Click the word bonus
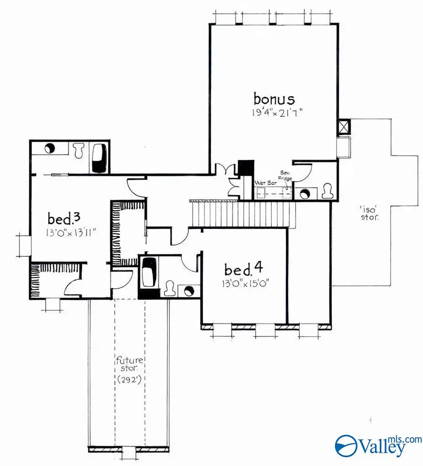pyautogui.click(x=274, y=99)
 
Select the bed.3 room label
pyautogui.click(x=66, y=218)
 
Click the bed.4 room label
pyautogui.click(x=242, y=270)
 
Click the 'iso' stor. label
pyautogui.click(x=370, y=214)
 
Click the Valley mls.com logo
pyautogui.click(x=371, y=444)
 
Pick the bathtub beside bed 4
pyautogui.click(x=150, y=273)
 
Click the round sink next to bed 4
pyautogui.click(x=189, y=291)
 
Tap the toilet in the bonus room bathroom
pyautogui.click(x=328, y=192)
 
